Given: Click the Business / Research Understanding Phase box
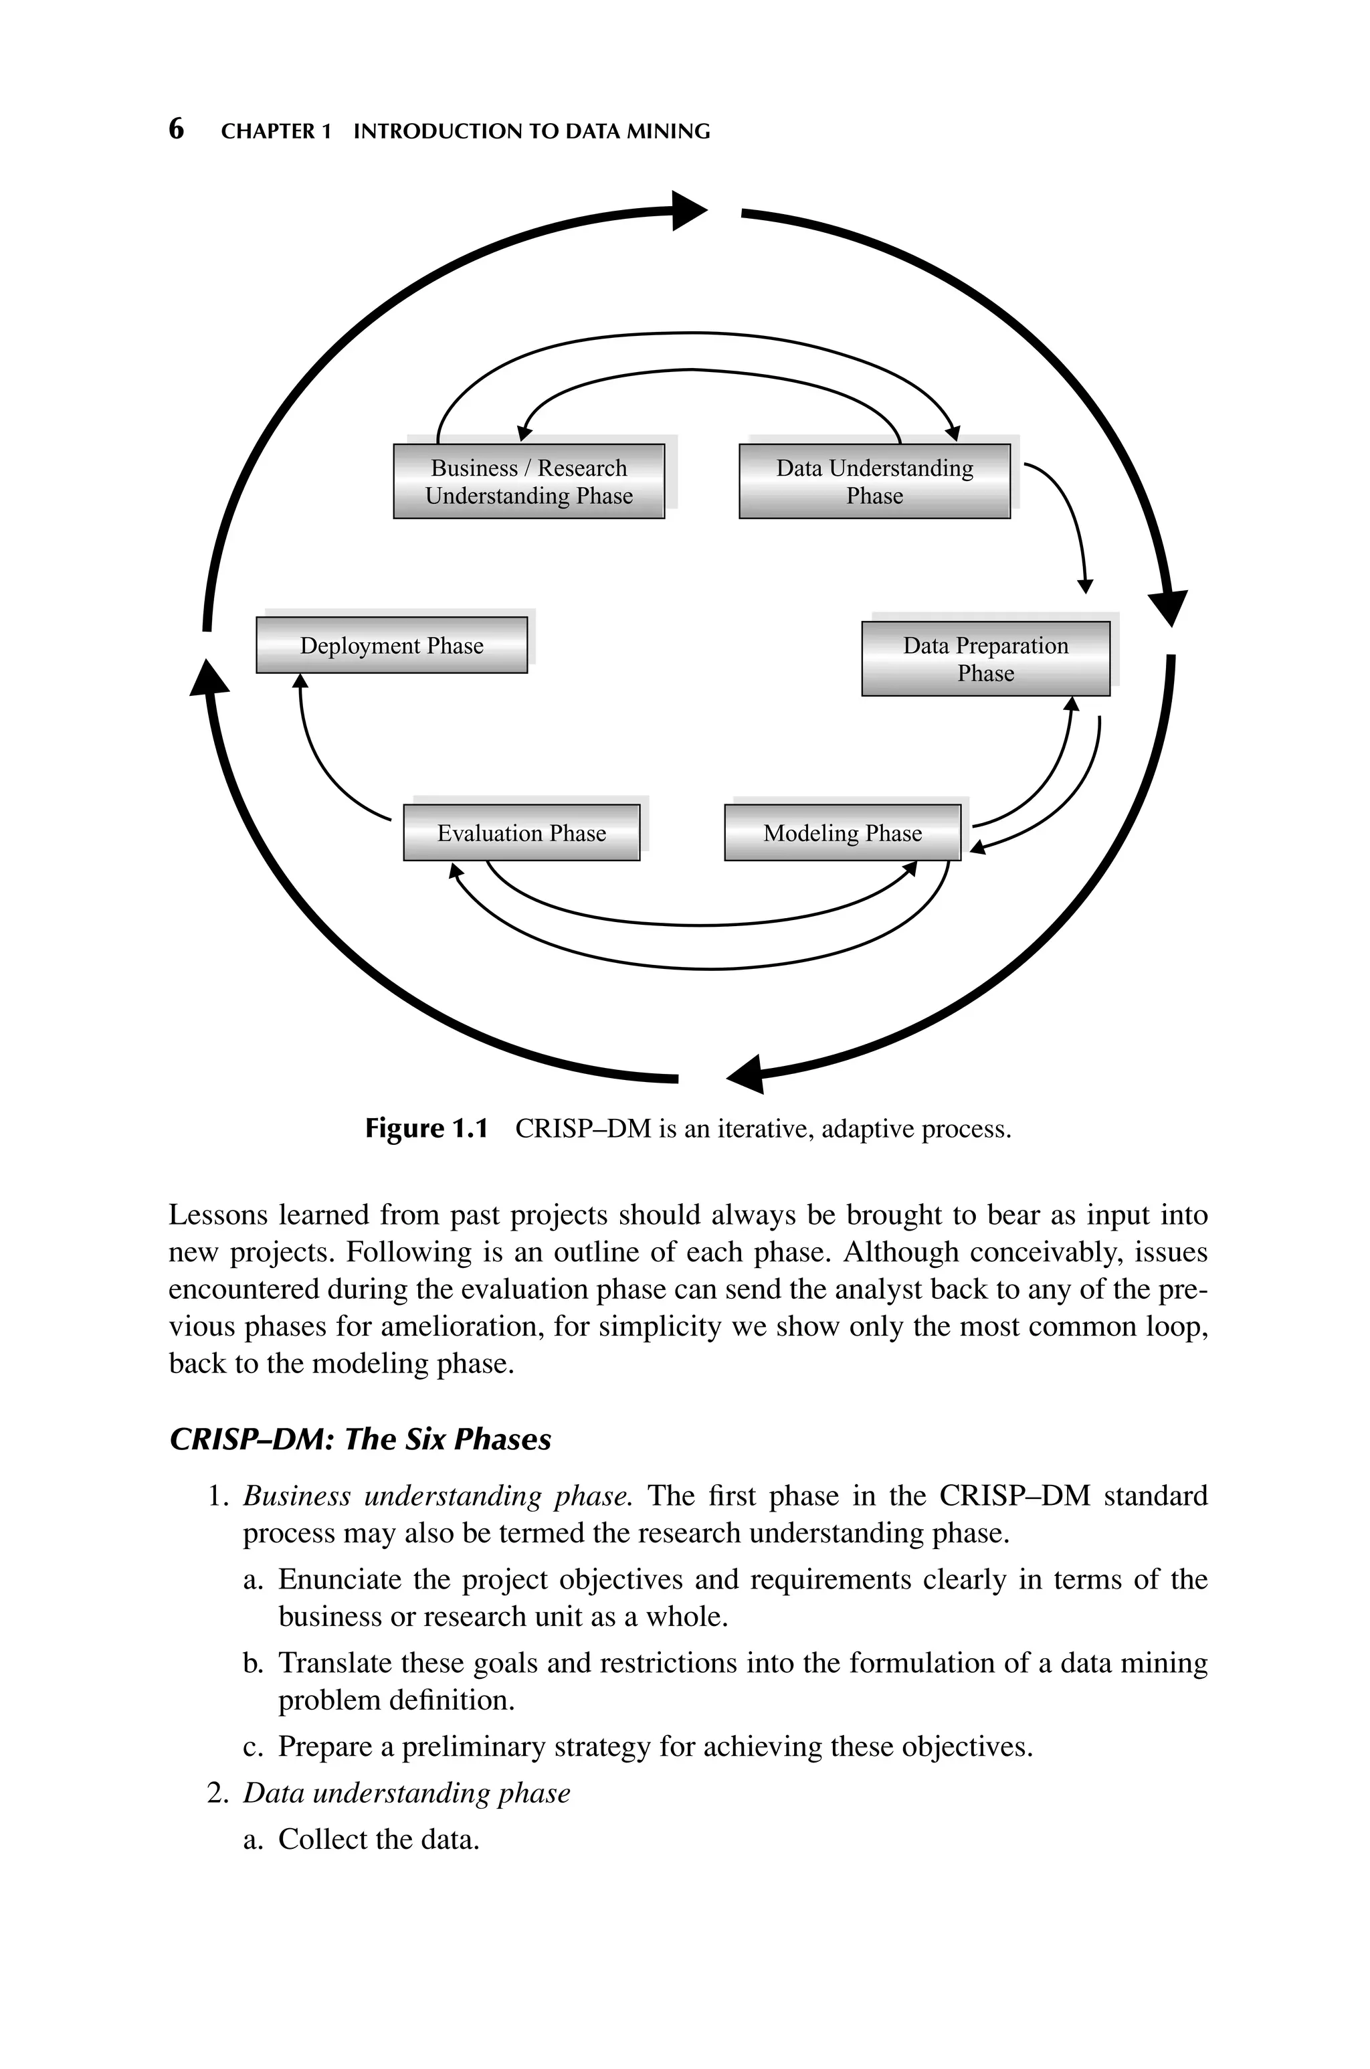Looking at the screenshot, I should click(x=528, y=481).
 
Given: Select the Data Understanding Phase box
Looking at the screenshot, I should click(x=874, y=481).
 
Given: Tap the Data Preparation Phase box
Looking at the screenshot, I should click(x=985, y=659).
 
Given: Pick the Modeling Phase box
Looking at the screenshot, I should click(x=842, y=832).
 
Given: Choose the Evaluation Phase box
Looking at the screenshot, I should click(x=522, y=832).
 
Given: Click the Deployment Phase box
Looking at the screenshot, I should click(x=391, y=646).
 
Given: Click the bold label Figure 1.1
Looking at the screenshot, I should click(x=425, y=1129).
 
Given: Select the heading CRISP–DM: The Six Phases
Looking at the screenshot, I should click(x=360, y=1439).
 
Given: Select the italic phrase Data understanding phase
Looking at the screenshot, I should click(x=406, y=1793).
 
